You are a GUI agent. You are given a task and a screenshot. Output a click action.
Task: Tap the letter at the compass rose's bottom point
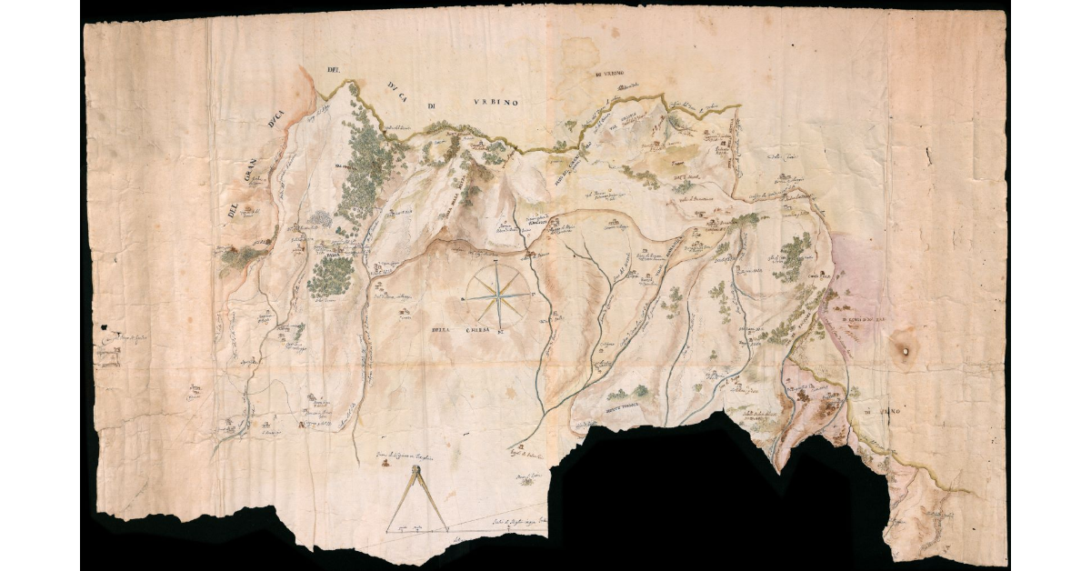pyautogui.click(x=501, y=335)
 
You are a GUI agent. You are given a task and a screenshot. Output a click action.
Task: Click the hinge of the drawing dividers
pyautogui.click(x=417, y=470)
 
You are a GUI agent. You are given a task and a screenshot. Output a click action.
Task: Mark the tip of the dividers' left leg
pyautogui.click(x=389, y=529)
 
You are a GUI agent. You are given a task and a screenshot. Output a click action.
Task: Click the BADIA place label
pyautogui.click(x=325, y=255)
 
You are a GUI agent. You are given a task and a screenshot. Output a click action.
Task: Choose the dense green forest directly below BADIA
pyautogui.click(x=329, y=277)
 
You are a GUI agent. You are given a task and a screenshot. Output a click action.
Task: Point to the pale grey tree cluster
pyautogui.click(x=320, y=219)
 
